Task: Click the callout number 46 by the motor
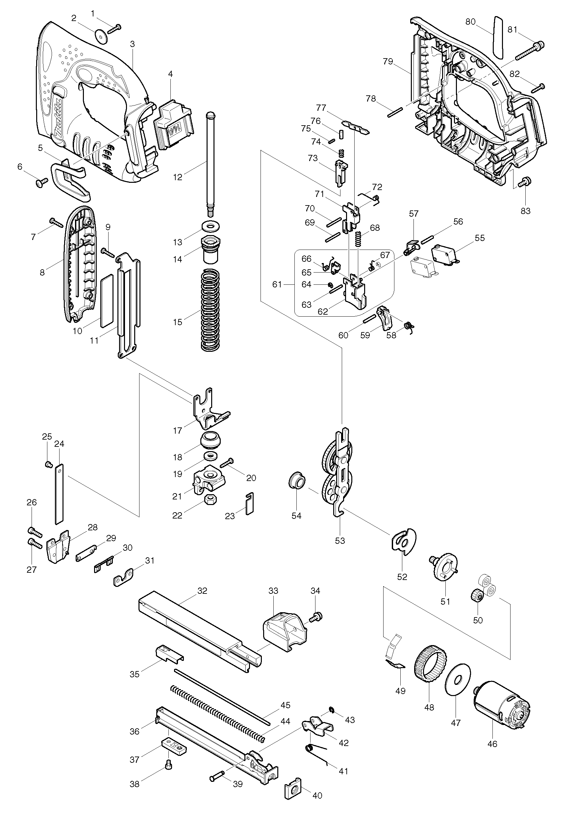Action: click(x=492, y=744)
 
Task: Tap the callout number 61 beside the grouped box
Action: click(x=277, y=284)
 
